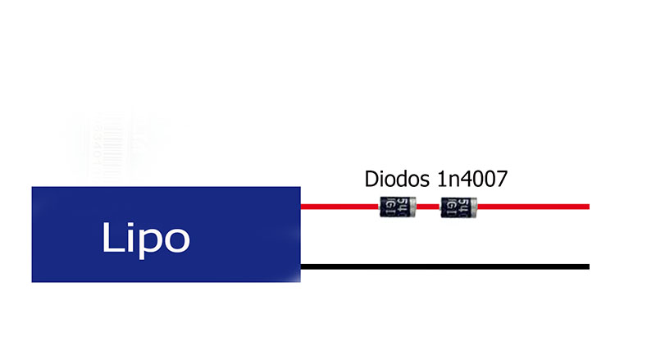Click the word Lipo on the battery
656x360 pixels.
[x=146, y=237]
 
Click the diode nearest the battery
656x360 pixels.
[x=399, y=206]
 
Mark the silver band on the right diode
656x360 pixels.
[x=475, y=206]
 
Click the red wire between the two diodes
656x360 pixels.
[x=429, y=206]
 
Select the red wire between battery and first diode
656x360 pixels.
[x=340, y=206]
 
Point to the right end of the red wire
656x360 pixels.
[x=587, y=206]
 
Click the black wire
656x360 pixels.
[x=443, y=267]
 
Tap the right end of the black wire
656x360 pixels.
[x=587, y=267]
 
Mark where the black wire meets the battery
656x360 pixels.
[x=303, y=267]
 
